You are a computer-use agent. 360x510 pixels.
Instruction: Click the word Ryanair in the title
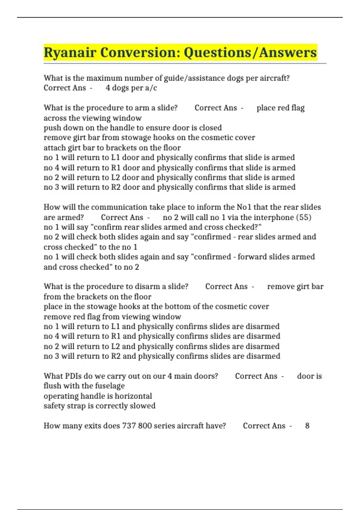click(70, 52)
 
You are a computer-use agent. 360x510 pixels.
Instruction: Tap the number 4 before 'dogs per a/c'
click(108, 88)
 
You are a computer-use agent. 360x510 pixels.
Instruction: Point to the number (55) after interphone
click(304, 217)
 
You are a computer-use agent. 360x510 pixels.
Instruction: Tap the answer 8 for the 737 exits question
click(307, 426)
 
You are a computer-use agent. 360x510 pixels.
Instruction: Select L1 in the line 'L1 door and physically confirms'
click(115, 157)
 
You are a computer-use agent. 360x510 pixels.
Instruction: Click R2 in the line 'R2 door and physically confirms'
click(116, 187)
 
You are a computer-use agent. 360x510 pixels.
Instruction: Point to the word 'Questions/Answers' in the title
click(250, 52)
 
